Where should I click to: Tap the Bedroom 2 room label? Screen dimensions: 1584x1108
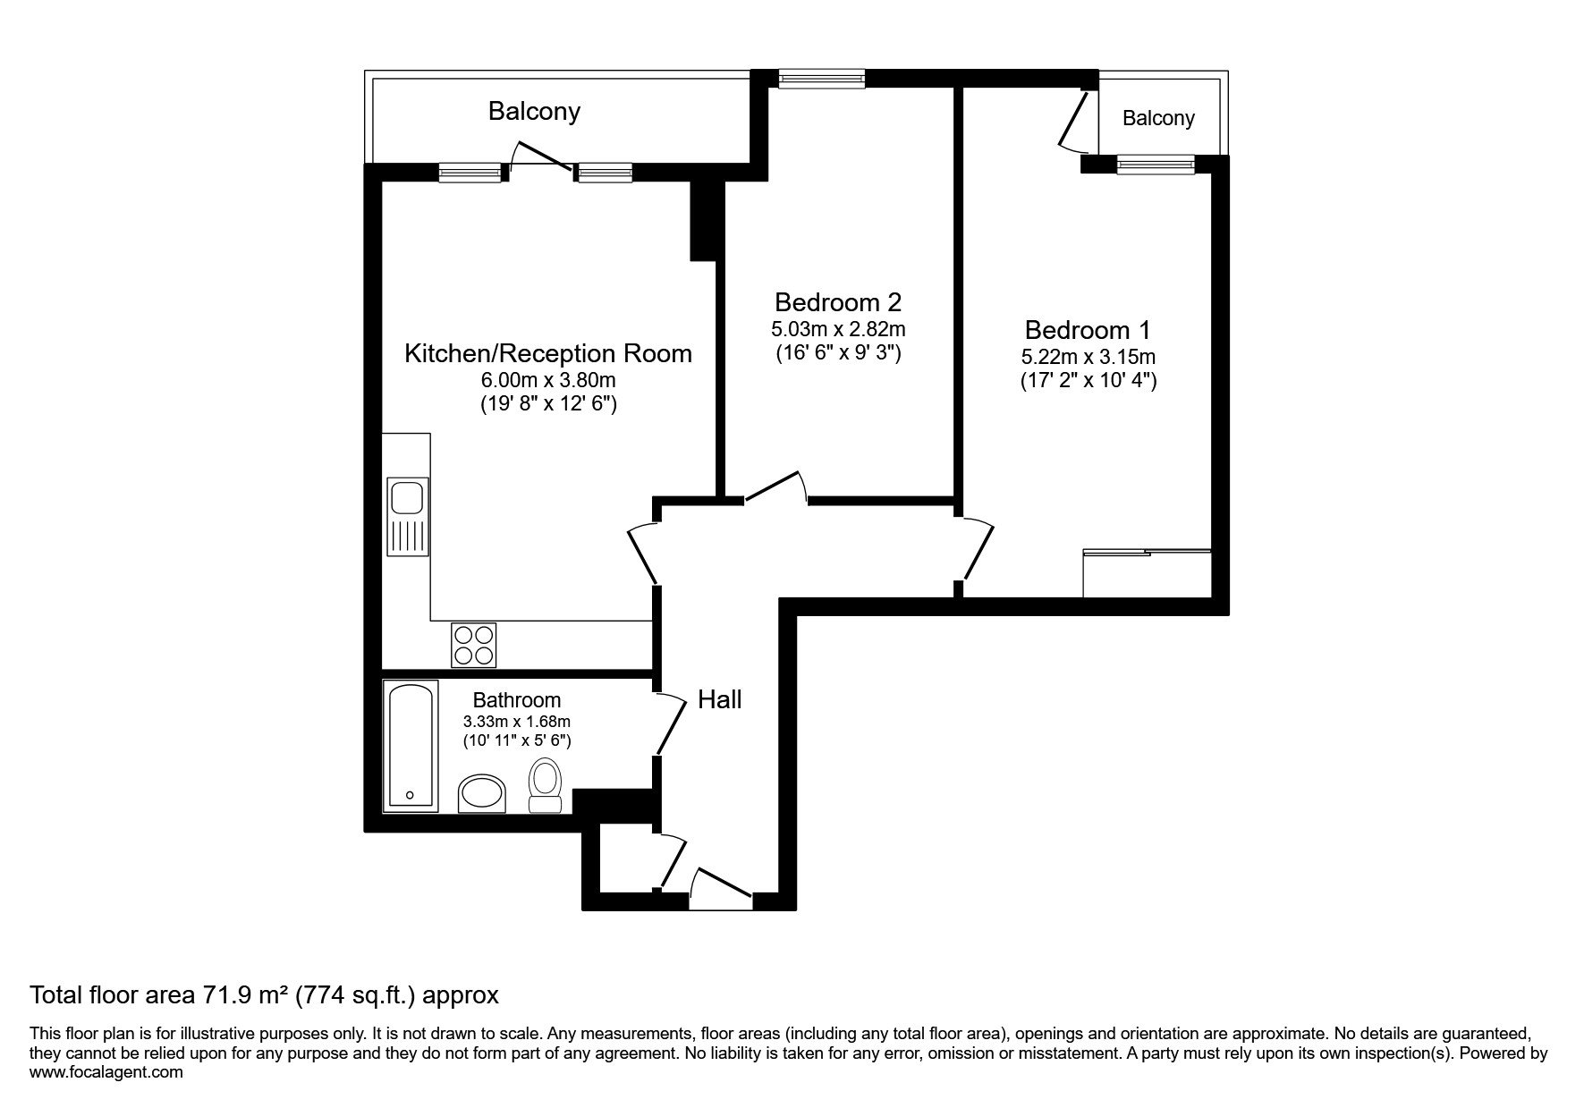point(838,301)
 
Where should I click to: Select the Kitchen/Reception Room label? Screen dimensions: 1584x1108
point(548,353)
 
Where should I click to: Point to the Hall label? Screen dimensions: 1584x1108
point(720,699)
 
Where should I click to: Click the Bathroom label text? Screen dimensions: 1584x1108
point(517,700)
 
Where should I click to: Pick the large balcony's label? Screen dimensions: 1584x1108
point(534,111)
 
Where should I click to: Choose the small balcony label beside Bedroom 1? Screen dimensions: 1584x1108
point(1158,118)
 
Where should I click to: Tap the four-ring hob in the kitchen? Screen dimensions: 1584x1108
point(474,644)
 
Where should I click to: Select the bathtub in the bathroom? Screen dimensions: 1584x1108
point(411,746)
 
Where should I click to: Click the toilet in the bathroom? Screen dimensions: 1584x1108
point(545,785)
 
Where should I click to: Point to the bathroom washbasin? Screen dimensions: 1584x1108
point(482,793)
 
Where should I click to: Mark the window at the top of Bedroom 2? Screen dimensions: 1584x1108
point(822,80)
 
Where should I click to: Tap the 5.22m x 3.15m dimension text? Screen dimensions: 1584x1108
point(1088,357)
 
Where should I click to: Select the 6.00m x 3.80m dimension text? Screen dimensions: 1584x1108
point(548,381)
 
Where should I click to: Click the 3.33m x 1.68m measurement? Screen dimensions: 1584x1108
point(517,722)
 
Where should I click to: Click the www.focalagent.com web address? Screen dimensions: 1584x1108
point(106,1072)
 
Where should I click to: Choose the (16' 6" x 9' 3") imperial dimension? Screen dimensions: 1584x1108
point(838,352)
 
